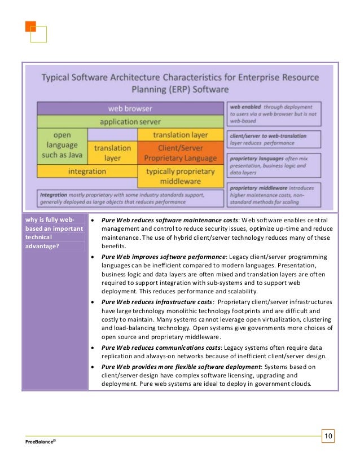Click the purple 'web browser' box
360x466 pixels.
coord(130,108)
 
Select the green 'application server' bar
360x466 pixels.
coord(130,121)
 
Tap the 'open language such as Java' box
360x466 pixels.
coord(62,146)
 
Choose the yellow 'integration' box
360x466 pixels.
coord(87,171)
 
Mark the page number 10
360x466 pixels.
coord(328,436)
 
